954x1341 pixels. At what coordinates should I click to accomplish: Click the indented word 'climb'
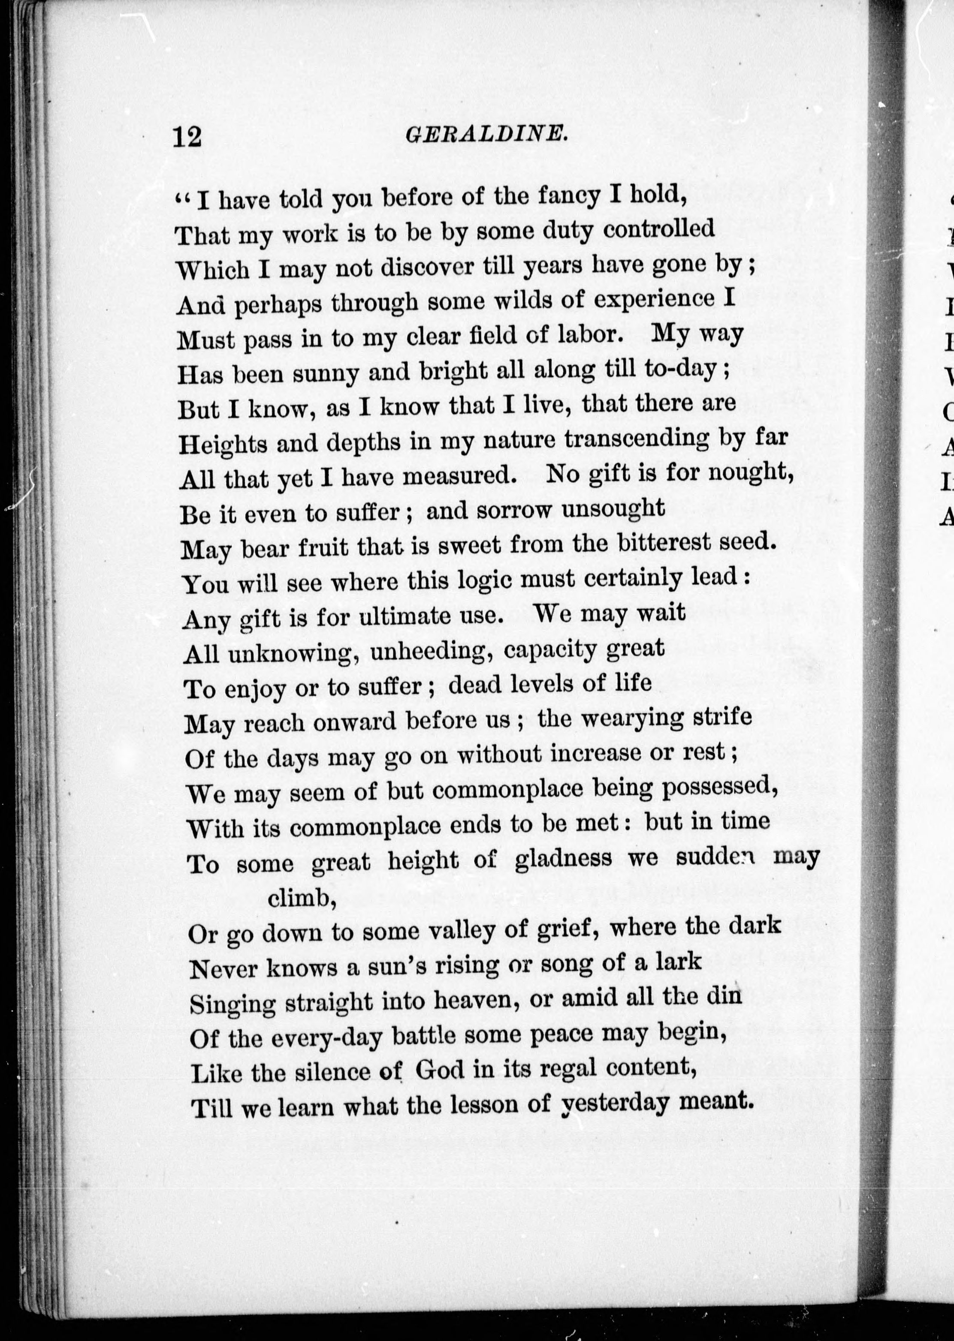coord(301,898)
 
